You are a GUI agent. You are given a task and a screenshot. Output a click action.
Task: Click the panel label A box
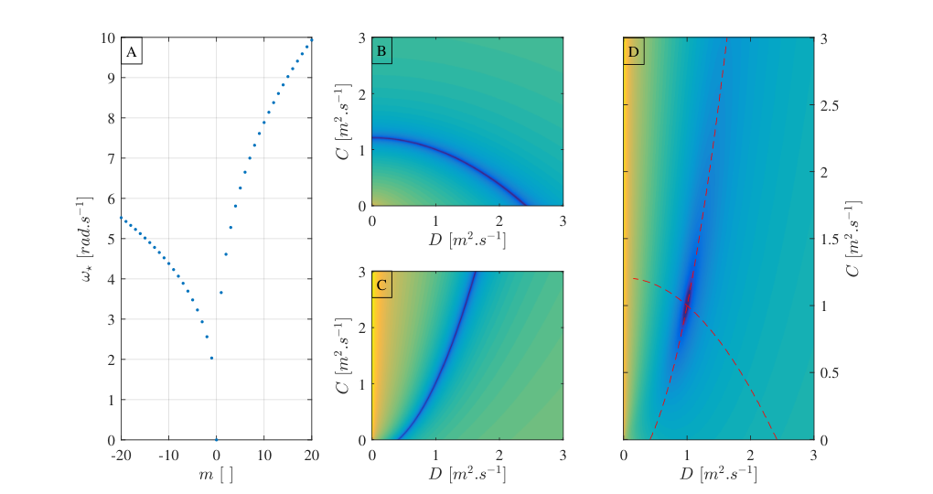[x=132, y=51]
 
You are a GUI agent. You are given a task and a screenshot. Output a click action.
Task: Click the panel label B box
[x=381, y=51]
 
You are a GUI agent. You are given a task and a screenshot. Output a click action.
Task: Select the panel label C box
[x=381, y=285]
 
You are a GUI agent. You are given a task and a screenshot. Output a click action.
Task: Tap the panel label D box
[x=634, y=51]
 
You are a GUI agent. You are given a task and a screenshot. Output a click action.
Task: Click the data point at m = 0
[x=216, y=439]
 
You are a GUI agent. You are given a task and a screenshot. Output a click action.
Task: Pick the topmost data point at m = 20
[x=311, y=40]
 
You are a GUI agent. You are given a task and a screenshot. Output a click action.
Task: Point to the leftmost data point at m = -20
[x=122, y=218]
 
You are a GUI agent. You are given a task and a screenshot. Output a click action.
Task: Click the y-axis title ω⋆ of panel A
[x=86, y=239]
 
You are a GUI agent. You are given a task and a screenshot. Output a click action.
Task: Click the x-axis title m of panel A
[x=215, y=475]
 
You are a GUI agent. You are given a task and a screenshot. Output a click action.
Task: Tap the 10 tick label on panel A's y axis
[x=108, y=38]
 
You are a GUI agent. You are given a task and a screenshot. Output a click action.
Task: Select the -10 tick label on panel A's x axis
[x=168, y=456]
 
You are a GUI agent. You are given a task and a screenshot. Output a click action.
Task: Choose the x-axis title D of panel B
[x=467, y=240]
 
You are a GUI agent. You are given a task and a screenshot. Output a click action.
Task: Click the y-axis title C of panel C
[x=343, y=356]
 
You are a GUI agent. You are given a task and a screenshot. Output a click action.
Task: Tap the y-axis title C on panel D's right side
[x=854, y=239]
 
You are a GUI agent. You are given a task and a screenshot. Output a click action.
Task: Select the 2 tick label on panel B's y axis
[x=359, y=93]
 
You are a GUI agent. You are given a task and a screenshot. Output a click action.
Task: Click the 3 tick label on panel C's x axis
[x=563, y=456]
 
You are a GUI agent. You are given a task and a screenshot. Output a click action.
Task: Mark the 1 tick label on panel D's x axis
[x=687, y=456]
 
